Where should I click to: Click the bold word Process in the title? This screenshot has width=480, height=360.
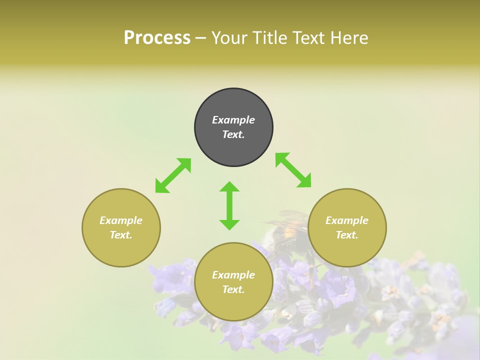pyautogui.click(x=157, y=38)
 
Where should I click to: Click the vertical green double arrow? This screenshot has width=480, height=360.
pyautogui.click(x=229, y=205)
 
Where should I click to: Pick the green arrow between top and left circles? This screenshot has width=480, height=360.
pyautogui.click(x=173, y=175)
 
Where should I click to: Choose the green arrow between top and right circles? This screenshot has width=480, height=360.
pyautogui.click(x=293, y=170)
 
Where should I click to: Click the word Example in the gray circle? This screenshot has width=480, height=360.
pyautogui.click(x=233, y=120)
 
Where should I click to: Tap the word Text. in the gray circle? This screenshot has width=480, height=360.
pyautogui.click(x=233, y=134)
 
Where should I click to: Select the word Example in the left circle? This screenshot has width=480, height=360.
pyautogui.click(x=121, y=220)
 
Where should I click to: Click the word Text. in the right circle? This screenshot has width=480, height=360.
pyautogui.click(x=347, y=235)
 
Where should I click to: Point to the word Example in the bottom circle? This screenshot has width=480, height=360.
pyautogui.click(x=233, y=275)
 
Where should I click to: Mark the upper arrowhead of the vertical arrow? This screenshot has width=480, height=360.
pyautogui.click(x=229, y=187)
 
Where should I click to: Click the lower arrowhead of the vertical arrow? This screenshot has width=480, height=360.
pyautogui.click(x=229, y=224)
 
